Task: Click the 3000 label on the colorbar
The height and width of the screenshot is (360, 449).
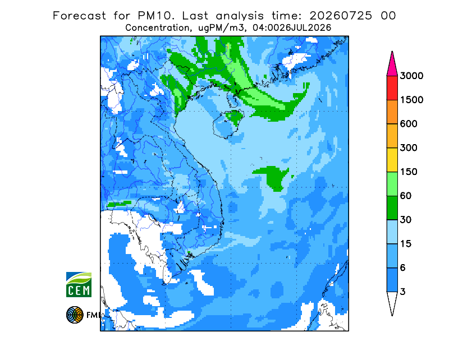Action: click(411, 76)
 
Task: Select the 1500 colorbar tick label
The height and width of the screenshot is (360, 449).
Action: click(411, 100)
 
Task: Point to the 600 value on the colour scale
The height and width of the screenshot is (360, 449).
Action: click(409, 124)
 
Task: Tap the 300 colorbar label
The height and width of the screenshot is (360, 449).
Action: click(409, 148)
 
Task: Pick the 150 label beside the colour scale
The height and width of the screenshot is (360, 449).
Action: click(409, 172)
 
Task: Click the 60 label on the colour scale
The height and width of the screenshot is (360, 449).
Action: click(405, 196)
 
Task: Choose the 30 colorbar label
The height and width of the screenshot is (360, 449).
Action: click(405, 220)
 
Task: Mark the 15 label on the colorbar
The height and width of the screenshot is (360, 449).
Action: click(405, 244)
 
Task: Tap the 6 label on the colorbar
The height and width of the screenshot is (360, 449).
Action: click(402, 268)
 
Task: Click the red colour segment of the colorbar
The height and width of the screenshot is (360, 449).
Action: click(392, 88)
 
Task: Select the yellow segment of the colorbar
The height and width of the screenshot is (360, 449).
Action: click(392, 160)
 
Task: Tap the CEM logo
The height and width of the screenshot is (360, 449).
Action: click(79, 284)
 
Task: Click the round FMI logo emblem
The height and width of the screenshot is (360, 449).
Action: click(75, 315)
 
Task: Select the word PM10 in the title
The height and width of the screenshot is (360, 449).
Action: click(155, 16)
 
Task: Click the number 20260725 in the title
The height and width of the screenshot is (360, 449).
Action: click(341, 16)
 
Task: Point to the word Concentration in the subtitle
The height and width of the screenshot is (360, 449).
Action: click(157, 28)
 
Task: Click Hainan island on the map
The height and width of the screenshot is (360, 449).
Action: click(228, 124)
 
